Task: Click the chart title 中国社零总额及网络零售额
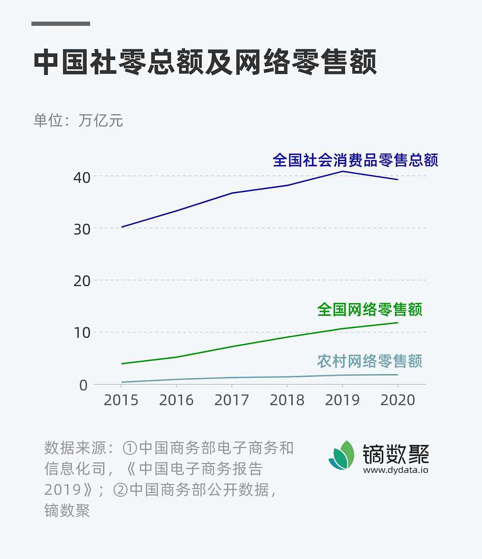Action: tap(205, 62)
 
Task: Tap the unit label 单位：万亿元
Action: tap(78, 120)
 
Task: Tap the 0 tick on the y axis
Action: tap(83, 385)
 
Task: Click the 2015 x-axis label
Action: tap(121, 400)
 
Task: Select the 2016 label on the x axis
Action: tap(176, 400)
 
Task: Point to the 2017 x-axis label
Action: tap(232, 400)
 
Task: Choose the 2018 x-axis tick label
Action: tap(287, 400)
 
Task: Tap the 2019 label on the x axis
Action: tap(342, 400)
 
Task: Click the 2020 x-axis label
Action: tap(398, 400)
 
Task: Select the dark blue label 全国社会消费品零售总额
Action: tap(355, 160)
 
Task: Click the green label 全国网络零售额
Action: tap(370, 309)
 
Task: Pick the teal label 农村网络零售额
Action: tap(370, 361)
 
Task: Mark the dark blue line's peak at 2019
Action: tap(343, 171)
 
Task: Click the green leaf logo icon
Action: tap(342, 455)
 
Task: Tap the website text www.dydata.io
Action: tap(395, 470)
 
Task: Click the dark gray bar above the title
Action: tap(61, 23)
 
